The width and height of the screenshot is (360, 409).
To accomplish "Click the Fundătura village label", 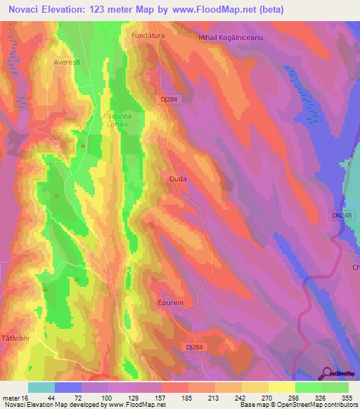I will [147, 34].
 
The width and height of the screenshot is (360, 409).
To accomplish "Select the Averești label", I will [67, 62].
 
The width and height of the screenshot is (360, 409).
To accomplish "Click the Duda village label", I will [178, 179].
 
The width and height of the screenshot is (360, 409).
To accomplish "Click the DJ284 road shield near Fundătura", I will [169, 100].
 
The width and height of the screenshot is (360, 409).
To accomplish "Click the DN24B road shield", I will [340, 215].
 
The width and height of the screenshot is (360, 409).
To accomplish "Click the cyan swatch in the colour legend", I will [41, 387].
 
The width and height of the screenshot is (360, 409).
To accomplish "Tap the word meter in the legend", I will [11, 398].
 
